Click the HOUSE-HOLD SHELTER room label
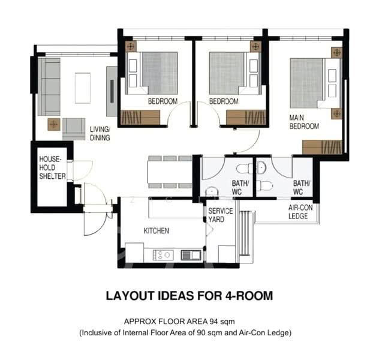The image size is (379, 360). pyautogui.click(x=52, y=167)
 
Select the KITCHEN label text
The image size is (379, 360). pyautogui.click(x=156, y=230)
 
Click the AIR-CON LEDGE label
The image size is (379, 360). pyautogui.click(x=298, y=212)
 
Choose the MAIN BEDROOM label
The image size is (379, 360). pyautogui.click(x=304, y=122)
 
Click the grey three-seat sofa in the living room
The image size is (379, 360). pyautogui.click(x=49, y=86)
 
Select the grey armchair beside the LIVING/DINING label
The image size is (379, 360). pyautogui.click(x=74, y=127)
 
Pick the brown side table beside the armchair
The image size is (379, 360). pyautogui.click(x=54, y=125)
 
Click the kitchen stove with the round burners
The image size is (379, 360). pyautogui.click(x=163, y=255)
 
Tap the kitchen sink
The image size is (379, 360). pyautogui.click(x=191, y=255)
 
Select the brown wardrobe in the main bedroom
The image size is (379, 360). pyautogui.click(x=323, y=147)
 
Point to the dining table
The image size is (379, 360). pyautogui.click(x=170, y=173)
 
